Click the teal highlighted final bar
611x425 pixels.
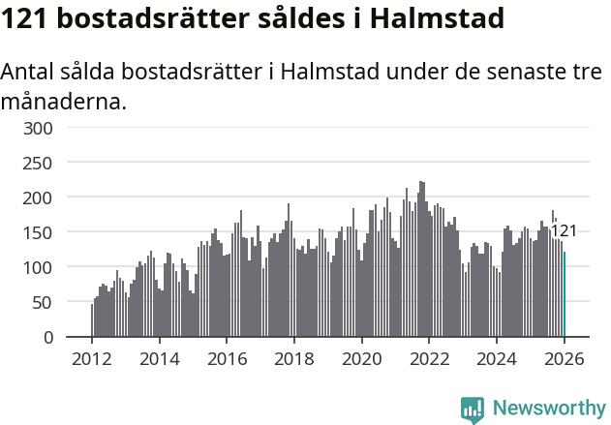[x=565, y=295]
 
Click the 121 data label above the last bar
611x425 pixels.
[x=564, y=230]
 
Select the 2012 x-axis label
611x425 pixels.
[x=92, y=358]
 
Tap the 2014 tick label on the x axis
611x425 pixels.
[x=160, y=358]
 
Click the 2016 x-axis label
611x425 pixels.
[x=227, y=358]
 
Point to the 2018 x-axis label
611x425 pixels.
[x=294, y=358]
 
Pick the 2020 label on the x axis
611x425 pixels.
[x=362, y=358]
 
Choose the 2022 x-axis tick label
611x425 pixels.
[x=429, y=358]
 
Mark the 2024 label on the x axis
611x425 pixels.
[x=497, y=358]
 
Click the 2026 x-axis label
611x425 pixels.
[x=564, y=358]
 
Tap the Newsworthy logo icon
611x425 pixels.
[x=473, y=410]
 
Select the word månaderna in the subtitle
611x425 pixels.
[x=64, y=101]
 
